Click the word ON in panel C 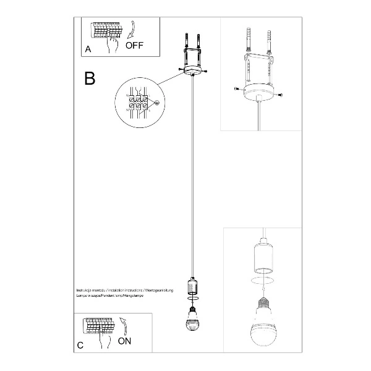(x=124, y=340)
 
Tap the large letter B (x=90, y=78)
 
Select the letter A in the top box (x=88, y=48)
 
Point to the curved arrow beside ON (x=122, y=323)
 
